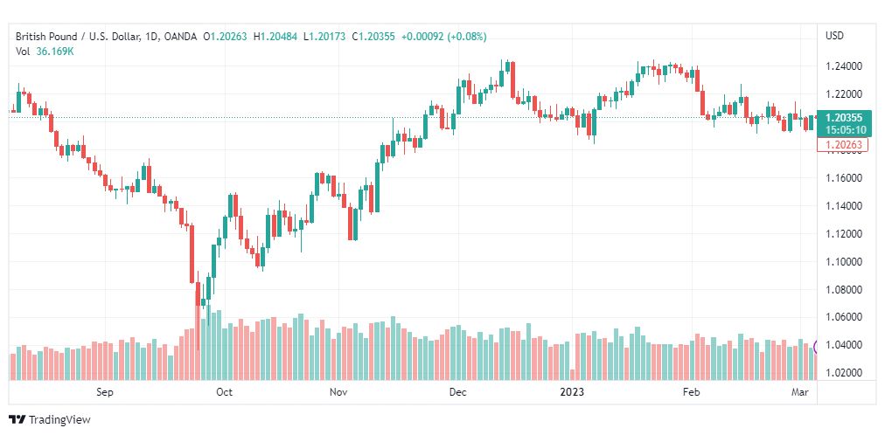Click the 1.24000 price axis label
[844, 66]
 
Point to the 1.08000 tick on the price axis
[844, 289]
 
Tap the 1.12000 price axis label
[844, 233]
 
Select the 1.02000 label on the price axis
[844, 373]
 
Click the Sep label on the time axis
[105, 392]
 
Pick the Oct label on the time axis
[224, 392]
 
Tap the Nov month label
[339, 392]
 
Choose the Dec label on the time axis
[457, 392]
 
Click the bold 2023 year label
[572, 392]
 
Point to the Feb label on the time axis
[691, 392]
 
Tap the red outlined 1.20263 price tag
[843, 145]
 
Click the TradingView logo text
[59, 420]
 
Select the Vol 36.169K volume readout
[44, 51]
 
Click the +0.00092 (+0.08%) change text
[443, 36]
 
